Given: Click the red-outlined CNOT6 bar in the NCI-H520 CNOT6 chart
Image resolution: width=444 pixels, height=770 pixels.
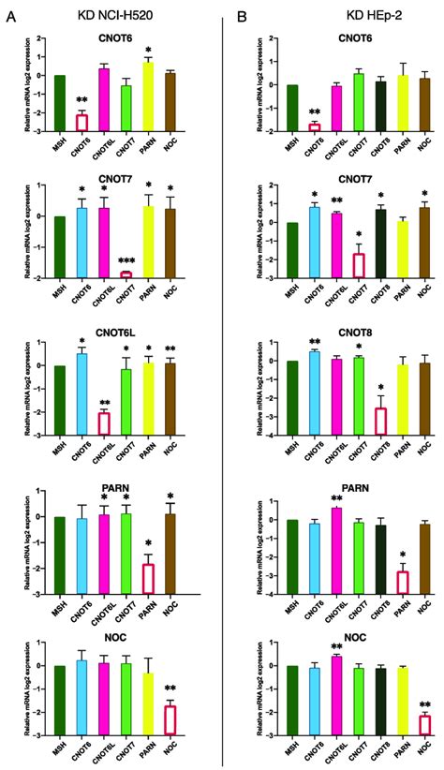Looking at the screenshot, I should coord(81,123).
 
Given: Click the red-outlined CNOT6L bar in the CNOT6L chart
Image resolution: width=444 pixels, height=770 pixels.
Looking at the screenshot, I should coord(104,424).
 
